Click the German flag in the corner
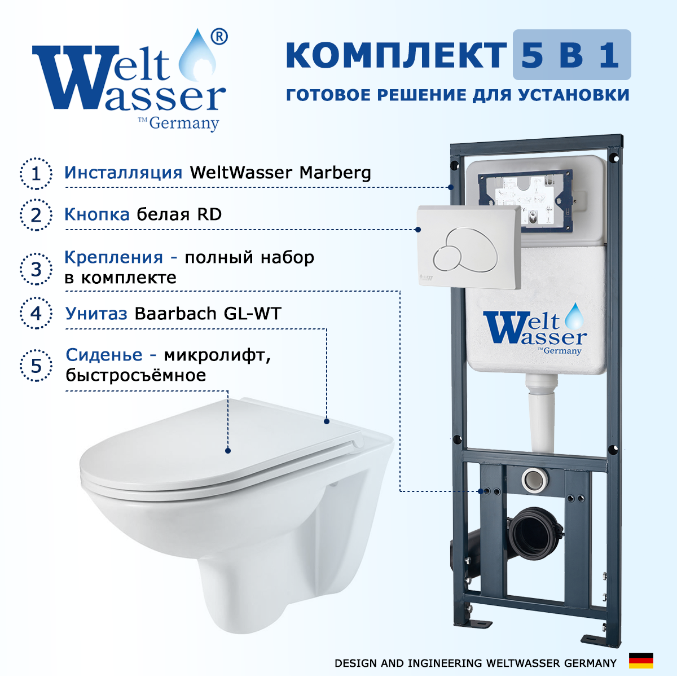pos(641,661)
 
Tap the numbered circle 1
pos(36,174)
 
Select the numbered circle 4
pos(36,313)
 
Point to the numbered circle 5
pos(36,366)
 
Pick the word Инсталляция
pos(124,173)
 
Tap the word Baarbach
pos(175,313)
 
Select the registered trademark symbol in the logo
pos(219,37)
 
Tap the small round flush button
pos(447,259)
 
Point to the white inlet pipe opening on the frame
pos(534,480)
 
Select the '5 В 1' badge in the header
pos(572,55)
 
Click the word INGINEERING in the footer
pos(445,663)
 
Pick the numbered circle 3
pos(36,269)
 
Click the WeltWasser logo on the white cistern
pos(535,329)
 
